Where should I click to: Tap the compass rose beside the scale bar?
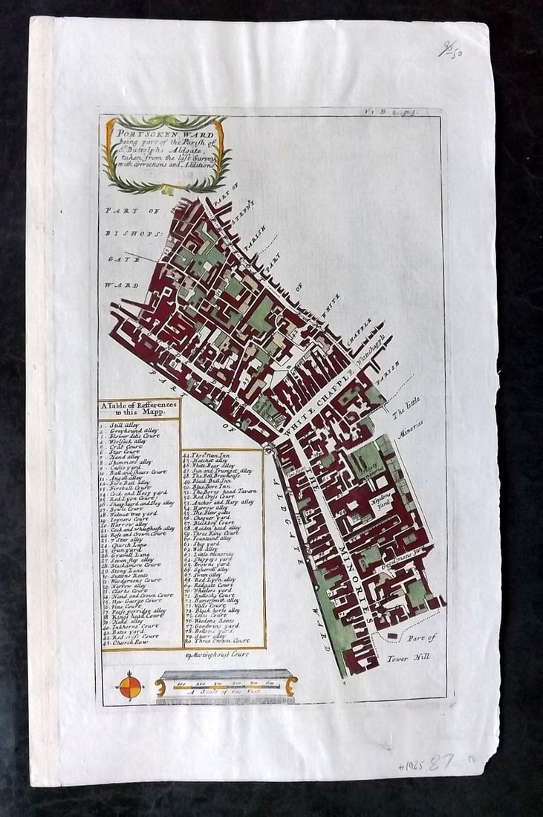[129, 685]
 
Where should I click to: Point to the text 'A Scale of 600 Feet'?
[225, 691]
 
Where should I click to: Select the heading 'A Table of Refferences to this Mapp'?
[139, 408]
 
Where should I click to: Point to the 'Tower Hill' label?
[409, 657]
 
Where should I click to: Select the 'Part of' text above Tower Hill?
[421, 637]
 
